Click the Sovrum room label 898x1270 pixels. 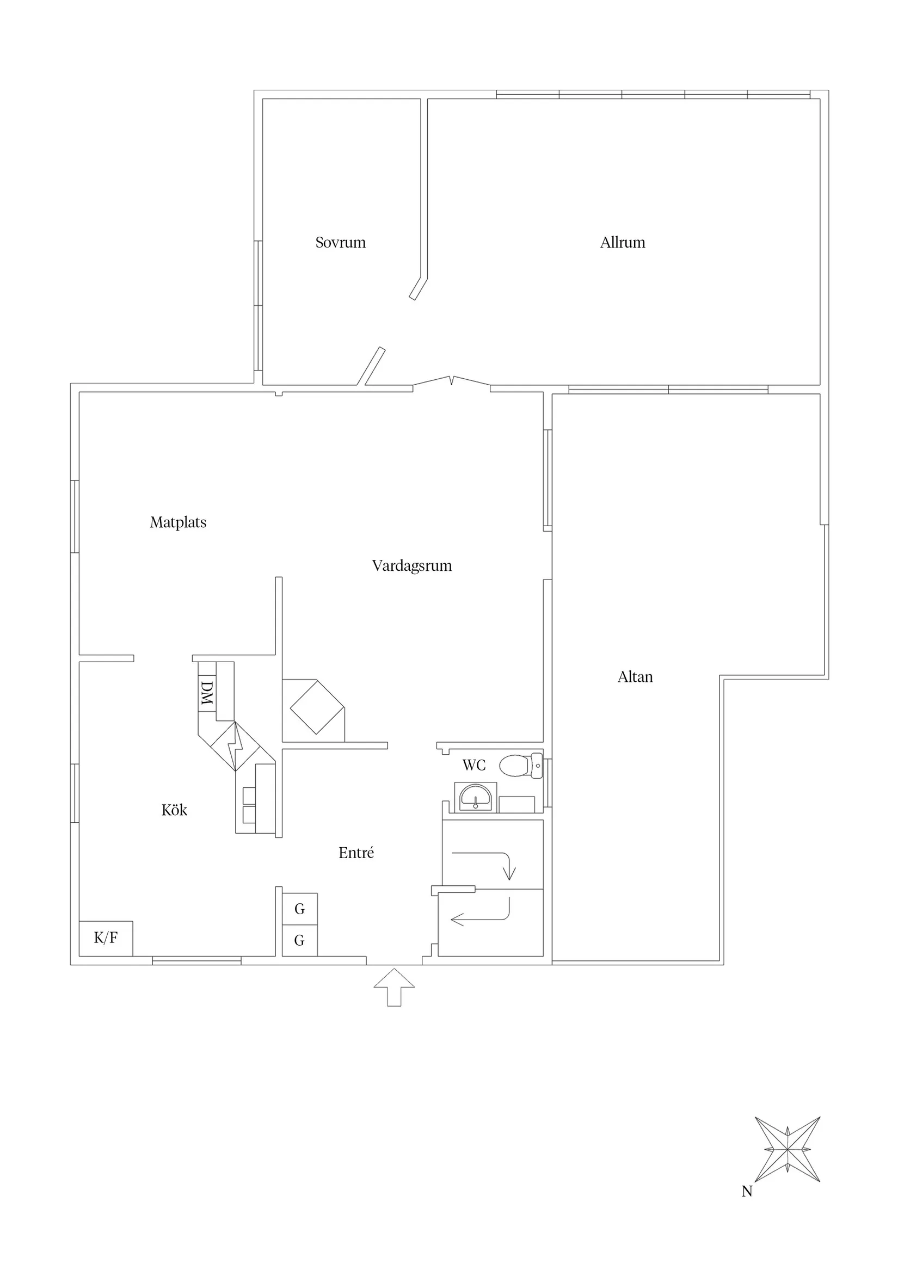tap(340, 242)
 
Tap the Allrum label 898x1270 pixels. tap(623, 242)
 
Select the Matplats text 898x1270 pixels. tap(177, 522)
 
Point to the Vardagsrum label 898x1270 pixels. tap(411, 565)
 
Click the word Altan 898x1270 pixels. tap(635, 676)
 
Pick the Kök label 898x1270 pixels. tap(174, 810)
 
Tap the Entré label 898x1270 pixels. tap(356, 853)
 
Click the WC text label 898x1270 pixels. tap(473, 765)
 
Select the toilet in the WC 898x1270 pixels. tap(520, 766)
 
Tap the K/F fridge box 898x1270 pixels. tap(106, 938)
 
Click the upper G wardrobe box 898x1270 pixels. tap(299, 908)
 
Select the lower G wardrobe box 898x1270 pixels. tap(299, 940)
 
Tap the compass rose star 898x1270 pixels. tap(787, 1149)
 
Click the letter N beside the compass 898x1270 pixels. tap(746, 1191)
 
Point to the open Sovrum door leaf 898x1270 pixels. tap(371, 366)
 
